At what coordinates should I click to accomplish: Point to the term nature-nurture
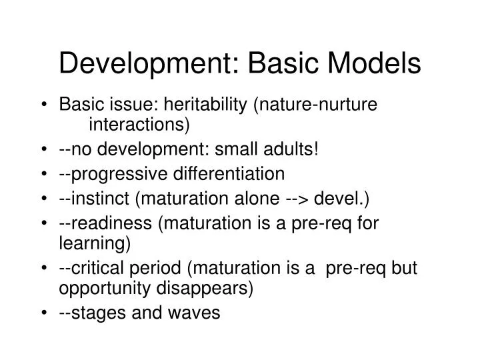tap(326, 105)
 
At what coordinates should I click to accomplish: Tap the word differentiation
tap(229, 174)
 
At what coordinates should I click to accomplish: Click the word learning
tap(95, 244)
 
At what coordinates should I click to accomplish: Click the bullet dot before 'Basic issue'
tap(44, 105)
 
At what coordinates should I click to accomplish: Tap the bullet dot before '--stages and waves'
tap(44, 314)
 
